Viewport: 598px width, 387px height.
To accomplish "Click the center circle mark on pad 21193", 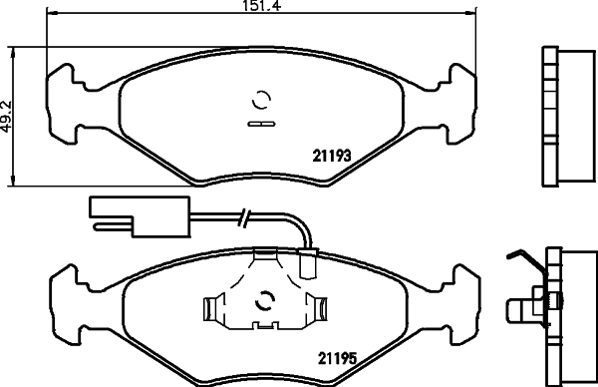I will tap(262, 101).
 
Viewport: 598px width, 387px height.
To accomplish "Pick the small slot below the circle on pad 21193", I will tap(262, 125).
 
